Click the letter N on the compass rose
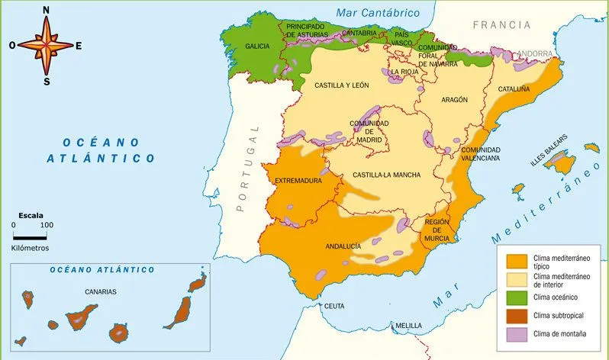pyautogui.click(x=47, y=10)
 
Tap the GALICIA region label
pyautogui.click(x=257, y=47)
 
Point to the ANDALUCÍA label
pyautogui.click(x=343, y=246)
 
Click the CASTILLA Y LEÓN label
pyautogui.click(x=342, y=86)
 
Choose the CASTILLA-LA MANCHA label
pyautogui.click(x=386, y=175)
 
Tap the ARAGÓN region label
pyautogui.click(x=453, y=100)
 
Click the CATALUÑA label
pyautogui.click(x=514, y=88)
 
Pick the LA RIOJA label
pyautogui.click(x=404, y=72)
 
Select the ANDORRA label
pyautogui.click(x=535, y=53)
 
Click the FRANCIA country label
pyautogui.click(x=501, y=25)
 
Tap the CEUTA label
pyautogui.click(x=334, y=306)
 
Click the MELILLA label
pyautogui.click(x=408, y=326)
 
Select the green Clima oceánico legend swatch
pyautogui.click(x=517, y=297)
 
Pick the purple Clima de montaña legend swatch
pyautogui.click(x=517, y=333)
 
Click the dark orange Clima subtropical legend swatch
pyautogui.click(x=517, y=315)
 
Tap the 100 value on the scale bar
pyautogui.click(x=47, y=225)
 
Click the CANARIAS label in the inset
pyautogui.click(x=101, y=291)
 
